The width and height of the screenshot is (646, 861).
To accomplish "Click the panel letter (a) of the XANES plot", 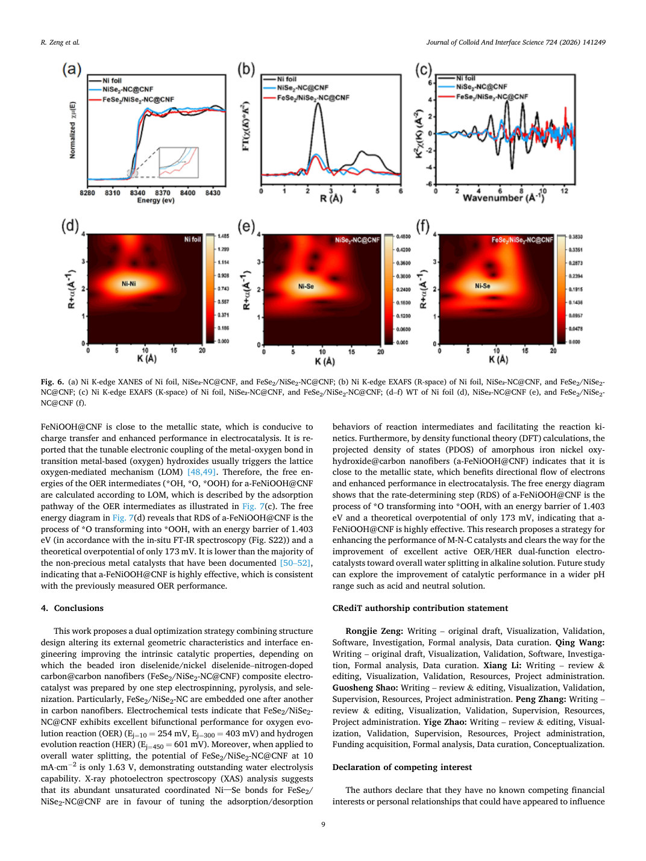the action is tap(72, 69).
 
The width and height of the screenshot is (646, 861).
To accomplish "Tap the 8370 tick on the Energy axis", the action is tap(162, 193).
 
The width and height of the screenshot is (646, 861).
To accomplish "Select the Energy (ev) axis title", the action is tap(155, 201).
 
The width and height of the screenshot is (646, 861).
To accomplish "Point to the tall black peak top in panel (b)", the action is tap(319, 104).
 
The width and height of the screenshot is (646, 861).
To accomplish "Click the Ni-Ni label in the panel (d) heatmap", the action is tap(128, 284).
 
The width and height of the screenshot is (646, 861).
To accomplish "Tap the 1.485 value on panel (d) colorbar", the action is tap(223, 236).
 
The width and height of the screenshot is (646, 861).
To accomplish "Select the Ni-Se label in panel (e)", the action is tap(306, 286).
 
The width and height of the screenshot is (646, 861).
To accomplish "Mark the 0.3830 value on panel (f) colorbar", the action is tap(575, 237).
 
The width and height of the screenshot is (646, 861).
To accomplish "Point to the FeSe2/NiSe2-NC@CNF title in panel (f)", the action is tap(522, 239).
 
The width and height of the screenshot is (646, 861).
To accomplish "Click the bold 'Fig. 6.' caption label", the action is tap(52, 381).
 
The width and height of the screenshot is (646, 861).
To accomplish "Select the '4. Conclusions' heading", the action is tap(72, 608).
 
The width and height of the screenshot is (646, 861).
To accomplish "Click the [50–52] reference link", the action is tap(296, 563).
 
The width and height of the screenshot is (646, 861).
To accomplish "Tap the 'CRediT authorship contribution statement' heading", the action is tap(420, 608).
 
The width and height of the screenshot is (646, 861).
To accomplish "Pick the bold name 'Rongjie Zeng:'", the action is tap(374, 631).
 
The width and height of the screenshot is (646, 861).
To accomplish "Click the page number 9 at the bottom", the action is tap(323, 824).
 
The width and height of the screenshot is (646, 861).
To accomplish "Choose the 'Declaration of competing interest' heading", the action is tap(402, 767).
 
